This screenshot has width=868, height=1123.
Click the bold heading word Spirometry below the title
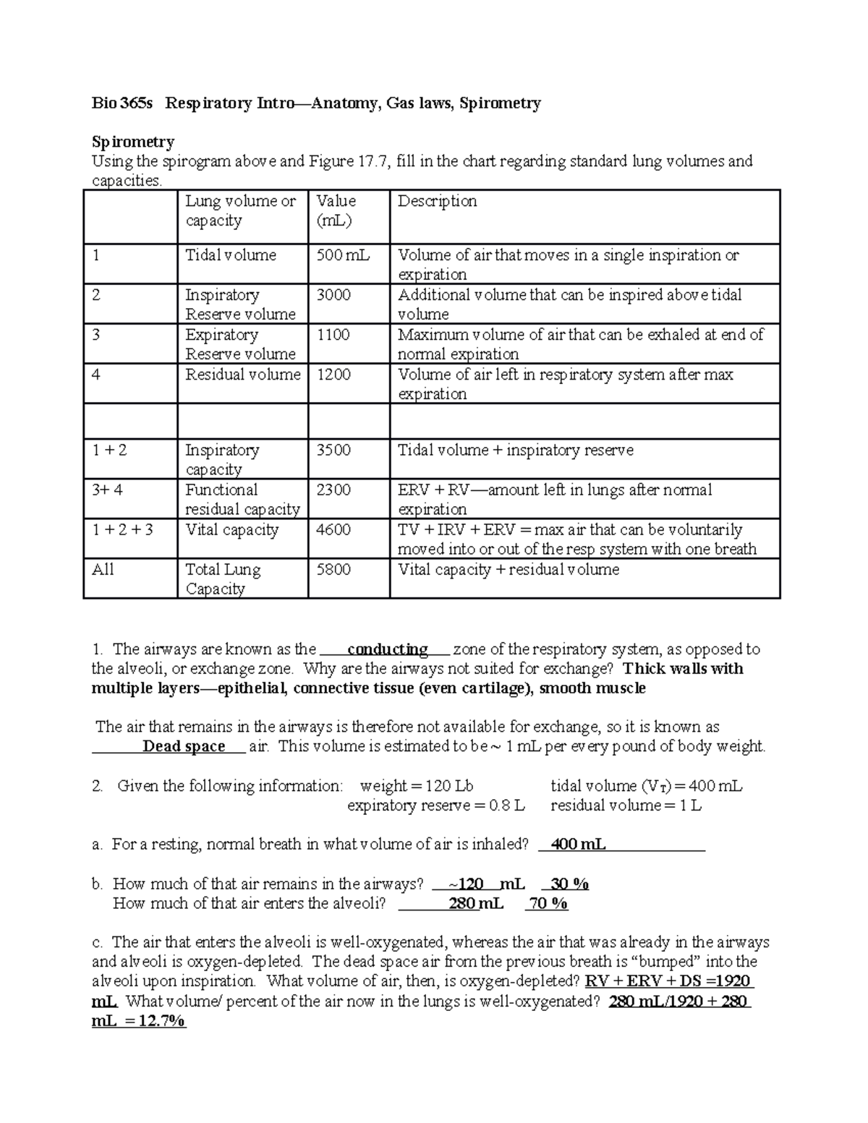(132, 142)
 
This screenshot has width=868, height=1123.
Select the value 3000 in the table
(333, 295)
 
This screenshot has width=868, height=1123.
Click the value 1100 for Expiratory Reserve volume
(333, 335)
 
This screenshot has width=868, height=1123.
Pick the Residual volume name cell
(242, 375)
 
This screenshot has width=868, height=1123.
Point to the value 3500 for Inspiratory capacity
(333, 451)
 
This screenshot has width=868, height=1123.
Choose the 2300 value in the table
(333, 490)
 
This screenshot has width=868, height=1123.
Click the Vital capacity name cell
(231, 530)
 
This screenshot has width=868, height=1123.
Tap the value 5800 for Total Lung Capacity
(333, 570)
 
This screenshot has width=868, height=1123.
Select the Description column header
(437, 201)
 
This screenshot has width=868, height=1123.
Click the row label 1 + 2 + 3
(122, 530)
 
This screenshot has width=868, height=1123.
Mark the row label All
(103, 570)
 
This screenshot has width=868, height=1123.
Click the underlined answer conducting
(388, 649)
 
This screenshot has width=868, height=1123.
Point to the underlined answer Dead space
(184, 746)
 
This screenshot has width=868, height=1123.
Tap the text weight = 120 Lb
(417, 786)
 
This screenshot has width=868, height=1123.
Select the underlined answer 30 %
(569, 884)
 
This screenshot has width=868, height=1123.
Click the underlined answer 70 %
(548, 903)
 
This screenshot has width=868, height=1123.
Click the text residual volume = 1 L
(626, 806)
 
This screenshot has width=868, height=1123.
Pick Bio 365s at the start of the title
(122, 103)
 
